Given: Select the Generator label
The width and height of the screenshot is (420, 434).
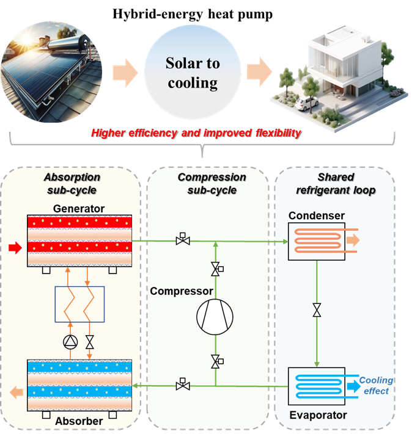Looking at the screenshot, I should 79,209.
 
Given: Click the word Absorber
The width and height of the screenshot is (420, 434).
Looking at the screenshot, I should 78,421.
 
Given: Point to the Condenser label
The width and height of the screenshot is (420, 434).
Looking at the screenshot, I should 317,215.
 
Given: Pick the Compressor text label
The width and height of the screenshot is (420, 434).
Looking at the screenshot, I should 181,291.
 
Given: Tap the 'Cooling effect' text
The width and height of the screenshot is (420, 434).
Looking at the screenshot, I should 376,386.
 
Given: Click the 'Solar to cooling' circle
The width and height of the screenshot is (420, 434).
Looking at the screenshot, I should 193,72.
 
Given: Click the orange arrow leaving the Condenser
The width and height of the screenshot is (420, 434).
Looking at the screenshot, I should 353,241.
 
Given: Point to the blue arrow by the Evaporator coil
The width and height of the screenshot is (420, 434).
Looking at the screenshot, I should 353,386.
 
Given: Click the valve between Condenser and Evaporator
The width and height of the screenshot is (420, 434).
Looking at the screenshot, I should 317,311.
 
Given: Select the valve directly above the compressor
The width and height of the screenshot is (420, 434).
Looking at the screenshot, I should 216,268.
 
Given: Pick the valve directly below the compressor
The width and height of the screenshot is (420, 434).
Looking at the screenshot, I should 216,362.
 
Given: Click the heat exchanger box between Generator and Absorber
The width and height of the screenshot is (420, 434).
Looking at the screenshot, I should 79,303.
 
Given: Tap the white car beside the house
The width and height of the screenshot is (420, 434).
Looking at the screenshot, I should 304,104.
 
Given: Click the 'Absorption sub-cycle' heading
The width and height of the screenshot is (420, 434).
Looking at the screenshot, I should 72,183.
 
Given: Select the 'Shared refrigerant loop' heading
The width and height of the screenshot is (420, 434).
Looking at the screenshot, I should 335,183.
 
